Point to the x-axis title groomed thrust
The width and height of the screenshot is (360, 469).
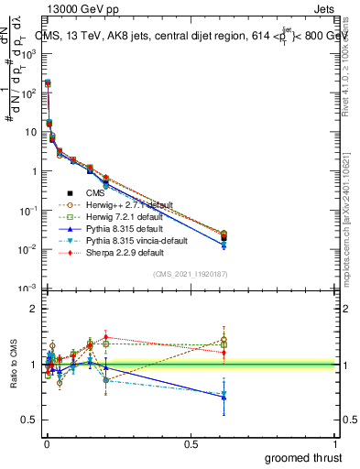[x=304, y=456]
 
